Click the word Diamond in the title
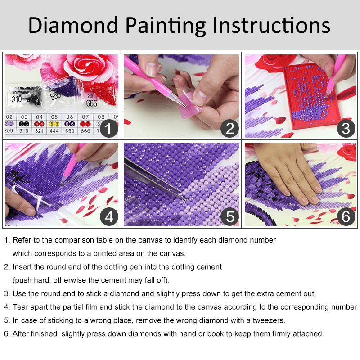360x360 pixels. pyautogui.click(x=73, y=25)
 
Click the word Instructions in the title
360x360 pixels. pyautogui.click(x=271, y=25)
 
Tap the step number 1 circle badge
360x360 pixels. pyautogui.click(x=109, y=128)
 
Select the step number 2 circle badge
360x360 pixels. pyautogui.click(x=229, y=128)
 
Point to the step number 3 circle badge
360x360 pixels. pyautogui.click(x=346, y=128)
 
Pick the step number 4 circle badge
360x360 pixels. pyautogui.click(x=109, y=217)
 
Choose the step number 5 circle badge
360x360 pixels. pyautogui.click(x=229, y=217)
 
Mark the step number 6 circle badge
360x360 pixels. pyautogui.click(x=346, y=217)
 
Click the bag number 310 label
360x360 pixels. pyautogui.click(x=17, y=99)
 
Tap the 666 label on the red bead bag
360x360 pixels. pyautogui.click(x=92, y=103)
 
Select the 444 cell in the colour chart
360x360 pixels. pyautogui.click(x=54, y=131)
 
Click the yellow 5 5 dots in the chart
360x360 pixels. pyautogui.click(x=54, y=124)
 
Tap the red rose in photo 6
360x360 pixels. pyautogui.click(x=347, y=152)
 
